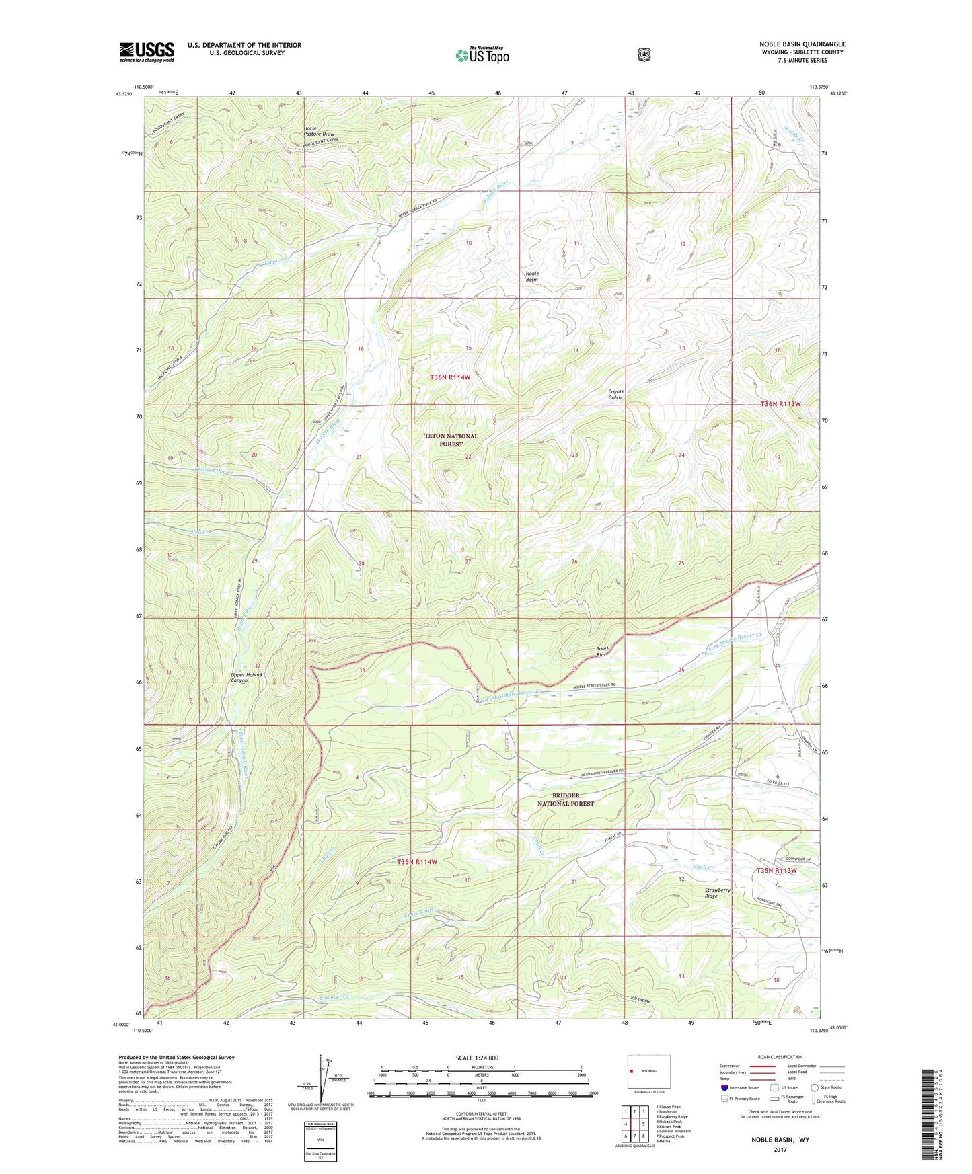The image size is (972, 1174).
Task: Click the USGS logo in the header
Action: click(x=147, y=52)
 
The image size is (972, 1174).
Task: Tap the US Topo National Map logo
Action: click(x=482, y=54)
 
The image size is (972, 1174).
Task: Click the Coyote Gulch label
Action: click(x=615, y=395)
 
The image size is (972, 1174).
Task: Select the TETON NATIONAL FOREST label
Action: click(x=451, y=440)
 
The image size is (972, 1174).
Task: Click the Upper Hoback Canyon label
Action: click(x=246, y=677)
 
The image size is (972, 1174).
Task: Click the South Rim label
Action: click(x=603, y=652)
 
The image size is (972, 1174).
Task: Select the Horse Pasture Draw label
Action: click(x=318, y=131)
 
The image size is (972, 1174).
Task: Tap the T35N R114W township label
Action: click(x=416, y=861)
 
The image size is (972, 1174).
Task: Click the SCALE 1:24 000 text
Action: click(x=477, y=1058)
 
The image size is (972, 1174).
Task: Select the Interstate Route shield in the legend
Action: click(x=724, y=1087)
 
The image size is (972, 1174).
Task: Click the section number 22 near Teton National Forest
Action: click(x=468, y=457)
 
